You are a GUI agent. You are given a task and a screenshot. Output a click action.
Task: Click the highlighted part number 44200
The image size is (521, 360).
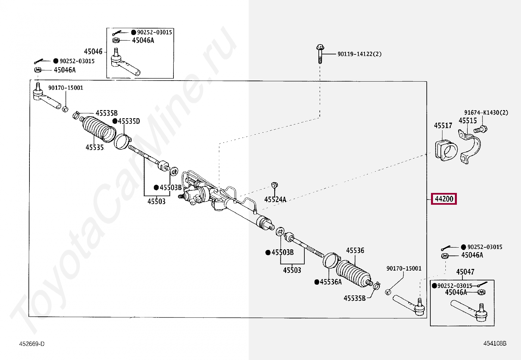444,199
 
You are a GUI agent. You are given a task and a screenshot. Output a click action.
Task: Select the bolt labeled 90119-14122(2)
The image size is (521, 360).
320,54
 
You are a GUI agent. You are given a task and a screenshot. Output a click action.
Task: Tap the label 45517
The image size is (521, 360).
443,125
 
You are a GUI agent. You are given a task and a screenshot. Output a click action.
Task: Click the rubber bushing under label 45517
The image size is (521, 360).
446,150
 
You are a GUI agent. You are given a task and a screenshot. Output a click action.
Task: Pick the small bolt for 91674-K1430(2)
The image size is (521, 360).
481,129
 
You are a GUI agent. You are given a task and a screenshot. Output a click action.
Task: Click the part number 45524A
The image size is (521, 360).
275,199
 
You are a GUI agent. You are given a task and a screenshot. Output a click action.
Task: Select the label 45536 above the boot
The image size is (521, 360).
355,251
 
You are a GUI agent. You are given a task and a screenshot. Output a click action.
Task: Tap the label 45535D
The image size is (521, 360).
129,121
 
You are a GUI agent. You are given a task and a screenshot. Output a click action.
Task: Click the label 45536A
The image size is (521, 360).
331,282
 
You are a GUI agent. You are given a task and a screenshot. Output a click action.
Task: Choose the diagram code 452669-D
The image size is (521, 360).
32,344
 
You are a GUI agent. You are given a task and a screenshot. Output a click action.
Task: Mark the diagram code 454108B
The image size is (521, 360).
495,343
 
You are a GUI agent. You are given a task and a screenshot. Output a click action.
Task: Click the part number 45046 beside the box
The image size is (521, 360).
93,51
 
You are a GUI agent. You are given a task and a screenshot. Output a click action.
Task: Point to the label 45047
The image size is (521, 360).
465,272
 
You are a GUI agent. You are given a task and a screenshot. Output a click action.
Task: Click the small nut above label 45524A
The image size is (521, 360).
275,185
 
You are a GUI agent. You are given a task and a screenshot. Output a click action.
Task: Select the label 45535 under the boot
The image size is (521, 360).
95,147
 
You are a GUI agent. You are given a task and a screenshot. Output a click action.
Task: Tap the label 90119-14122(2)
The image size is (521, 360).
359,54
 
